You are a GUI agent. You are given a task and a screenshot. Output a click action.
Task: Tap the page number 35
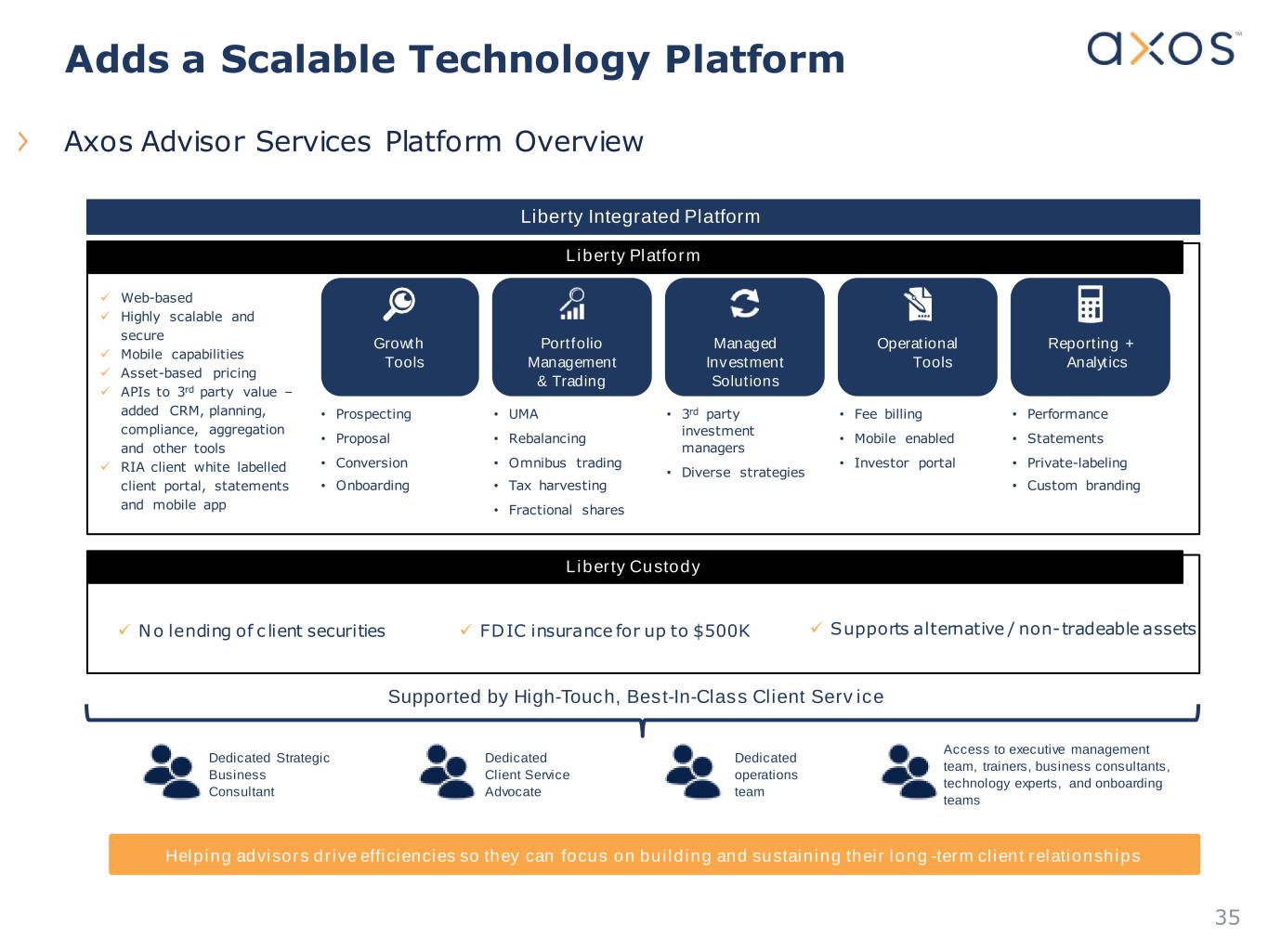[x=1227, y=917]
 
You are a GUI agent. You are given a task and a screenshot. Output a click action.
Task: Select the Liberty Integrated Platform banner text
[x=640, y=216]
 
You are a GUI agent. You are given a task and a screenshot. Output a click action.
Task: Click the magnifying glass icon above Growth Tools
[x=399, y=304]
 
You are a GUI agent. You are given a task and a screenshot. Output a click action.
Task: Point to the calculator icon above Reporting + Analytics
[x=1090, y=304]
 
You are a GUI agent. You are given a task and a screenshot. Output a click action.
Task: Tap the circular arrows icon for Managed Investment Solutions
[x=745, y=303]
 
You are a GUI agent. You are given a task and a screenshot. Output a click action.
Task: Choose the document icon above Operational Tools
[x=918, y=304]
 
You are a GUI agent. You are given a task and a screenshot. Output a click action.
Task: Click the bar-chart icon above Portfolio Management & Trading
[x=572, y=304]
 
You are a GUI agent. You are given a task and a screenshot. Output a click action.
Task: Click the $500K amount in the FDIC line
[x=722, y=631]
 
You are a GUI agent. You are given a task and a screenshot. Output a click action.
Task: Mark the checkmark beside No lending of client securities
[x=124, y=629]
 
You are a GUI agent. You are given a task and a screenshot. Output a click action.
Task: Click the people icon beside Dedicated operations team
[x=693, y=772]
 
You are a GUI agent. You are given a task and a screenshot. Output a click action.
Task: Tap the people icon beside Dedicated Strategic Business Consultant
[x=172, y=772]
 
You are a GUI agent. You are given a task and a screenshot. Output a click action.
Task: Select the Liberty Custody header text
[x=633, y=566]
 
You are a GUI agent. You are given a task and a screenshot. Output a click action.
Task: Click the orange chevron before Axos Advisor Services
[x=22, y=141]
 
